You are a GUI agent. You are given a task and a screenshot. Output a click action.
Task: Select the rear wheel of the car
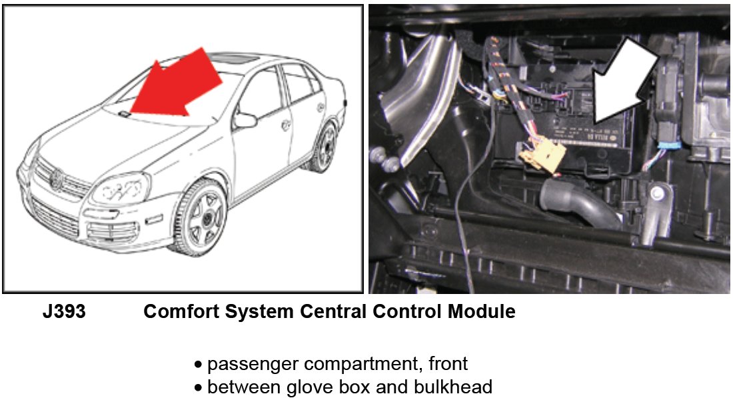click(x=325, y=146)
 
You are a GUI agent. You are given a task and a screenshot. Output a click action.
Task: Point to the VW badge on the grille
click(x=57, y=178)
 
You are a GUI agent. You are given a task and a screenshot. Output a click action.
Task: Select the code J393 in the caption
click(x=64, y=312)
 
